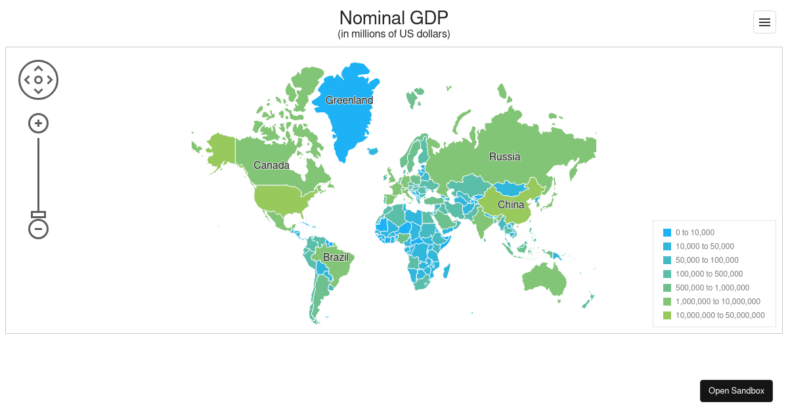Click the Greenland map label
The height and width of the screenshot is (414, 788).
(349, 101)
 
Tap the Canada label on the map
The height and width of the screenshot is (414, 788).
(271, 165)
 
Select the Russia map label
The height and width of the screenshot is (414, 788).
(504, 156)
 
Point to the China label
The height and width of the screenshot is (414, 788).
(511, 204)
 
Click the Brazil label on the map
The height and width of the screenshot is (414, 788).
(336, 257)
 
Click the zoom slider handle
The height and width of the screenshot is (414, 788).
(39, 214)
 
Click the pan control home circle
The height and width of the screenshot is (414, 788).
(39, 80)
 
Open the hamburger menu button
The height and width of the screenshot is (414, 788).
(764, 22)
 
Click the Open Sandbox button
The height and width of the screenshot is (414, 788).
(736, 390)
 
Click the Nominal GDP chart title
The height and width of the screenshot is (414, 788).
(394, 17)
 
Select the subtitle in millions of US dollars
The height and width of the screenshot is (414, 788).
(394, 34)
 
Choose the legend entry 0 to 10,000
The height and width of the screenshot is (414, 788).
(694, 233)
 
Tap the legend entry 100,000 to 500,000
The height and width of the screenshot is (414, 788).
(709, 274)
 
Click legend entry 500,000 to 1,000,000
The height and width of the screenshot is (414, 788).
(712, 288)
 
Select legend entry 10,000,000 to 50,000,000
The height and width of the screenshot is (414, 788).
(720, 315)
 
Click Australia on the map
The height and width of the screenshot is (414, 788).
(544, 279)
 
